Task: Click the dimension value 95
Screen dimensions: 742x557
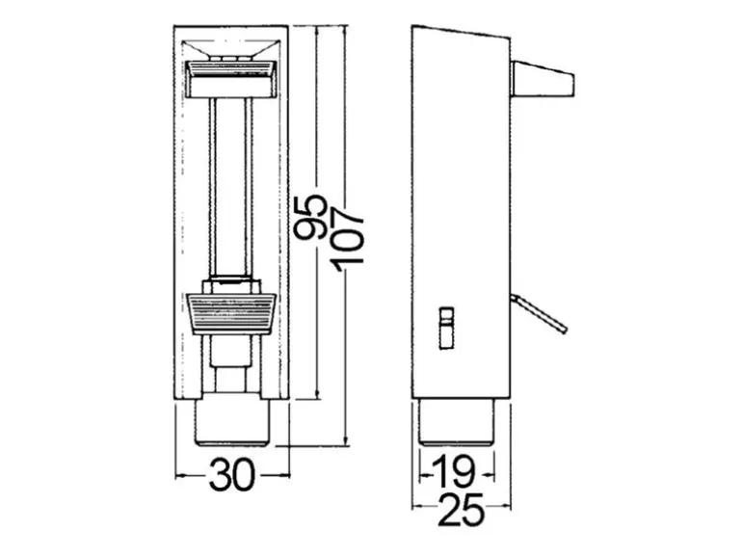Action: pyautogui.click(x=310, y=218)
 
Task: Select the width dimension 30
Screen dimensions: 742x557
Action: pyautogui.click(x=232, y=475)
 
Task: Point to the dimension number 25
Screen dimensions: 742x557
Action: pyautogui.click(x=462, y=510)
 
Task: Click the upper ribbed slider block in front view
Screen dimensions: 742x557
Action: pyautogui.click(x=232, y=79)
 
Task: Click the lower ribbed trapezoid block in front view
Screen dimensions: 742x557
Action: pyautogui.click(x=232, y=314)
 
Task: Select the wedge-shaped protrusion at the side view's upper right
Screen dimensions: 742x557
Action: pyautogui.click(x=543, y=79)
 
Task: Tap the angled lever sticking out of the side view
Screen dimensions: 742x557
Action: pyautogui.click(x=539, y=313)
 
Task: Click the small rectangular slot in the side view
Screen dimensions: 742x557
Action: pyautogui.click(x=447, y=329)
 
